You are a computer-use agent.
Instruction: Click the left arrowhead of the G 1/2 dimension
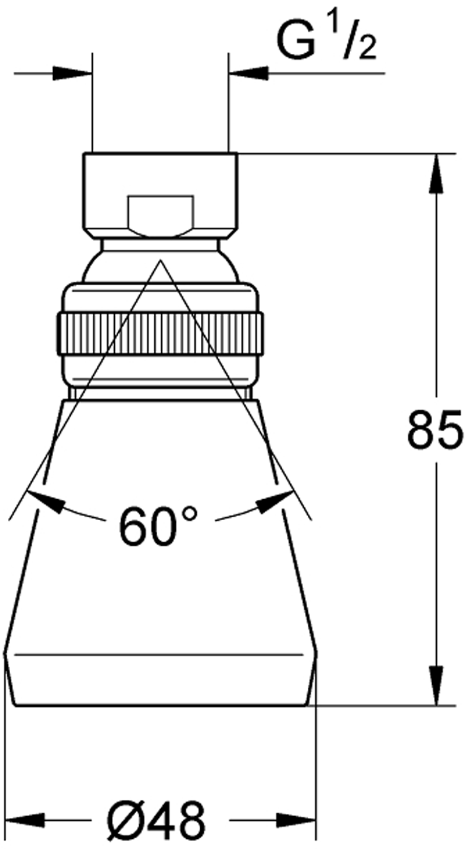[73, 73]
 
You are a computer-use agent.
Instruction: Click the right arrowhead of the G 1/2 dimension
[248, 73]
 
